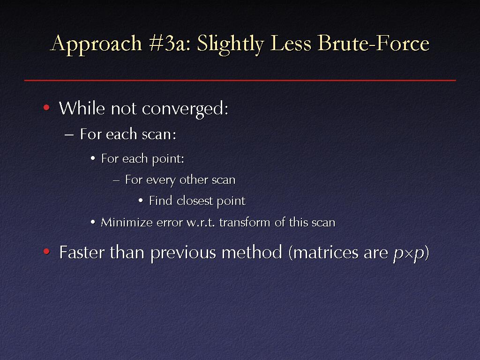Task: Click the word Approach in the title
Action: click(96, 44)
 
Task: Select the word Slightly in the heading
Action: click(231, 44)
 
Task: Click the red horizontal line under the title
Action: click(240, 80)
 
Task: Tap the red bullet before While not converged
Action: click(46, 107)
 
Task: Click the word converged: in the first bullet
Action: click(185, 109)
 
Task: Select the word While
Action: click(82, 108)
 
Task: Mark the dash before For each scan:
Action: click(69, 135)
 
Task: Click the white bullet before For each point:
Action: click(93, 158)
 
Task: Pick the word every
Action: click(161, 180)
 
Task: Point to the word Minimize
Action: click(127, 222)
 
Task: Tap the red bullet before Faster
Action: click(46, 252)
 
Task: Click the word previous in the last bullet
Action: click(183, 253)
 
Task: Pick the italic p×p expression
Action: click(409, 254)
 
